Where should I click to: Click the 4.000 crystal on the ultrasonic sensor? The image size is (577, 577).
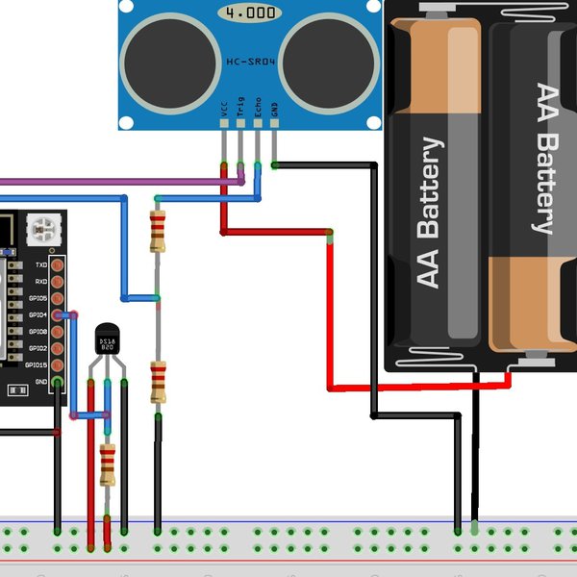pos(249,13)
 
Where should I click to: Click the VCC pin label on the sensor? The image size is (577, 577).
pos(224,112)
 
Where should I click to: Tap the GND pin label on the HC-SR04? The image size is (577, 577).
pos(275,112)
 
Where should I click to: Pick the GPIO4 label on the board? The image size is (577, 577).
pos(38,314)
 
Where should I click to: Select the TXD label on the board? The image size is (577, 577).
pos(41,264)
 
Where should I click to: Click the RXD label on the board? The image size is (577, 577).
pos(41,281)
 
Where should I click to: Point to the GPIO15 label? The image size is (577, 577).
pos(37,364)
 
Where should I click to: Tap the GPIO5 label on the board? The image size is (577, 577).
pos(38,298)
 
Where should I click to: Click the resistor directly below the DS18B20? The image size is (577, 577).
pos(108,464)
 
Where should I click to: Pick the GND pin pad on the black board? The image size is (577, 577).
pos(59,382)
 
